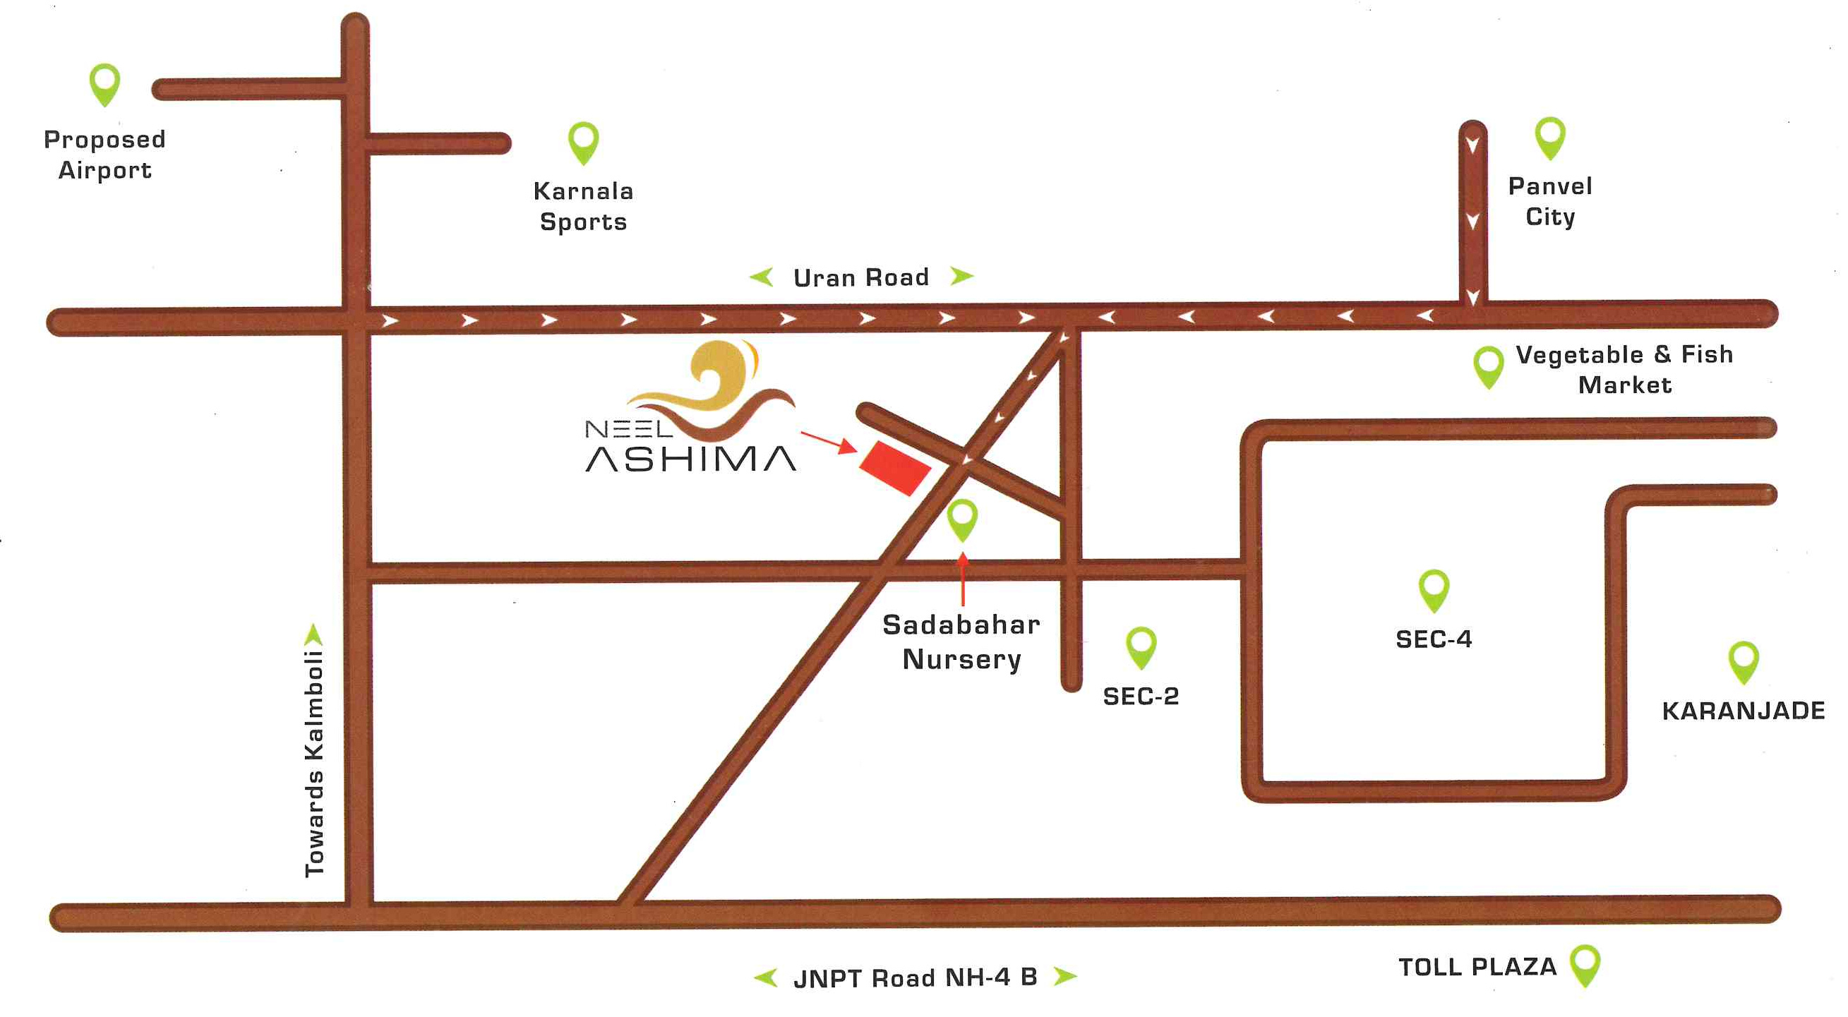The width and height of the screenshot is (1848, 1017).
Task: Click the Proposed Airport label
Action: (x=104, y=154)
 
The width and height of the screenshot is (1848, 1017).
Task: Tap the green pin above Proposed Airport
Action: (x=104, y=83)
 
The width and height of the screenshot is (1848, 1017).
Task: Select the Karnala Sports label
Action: (x=583, y=207)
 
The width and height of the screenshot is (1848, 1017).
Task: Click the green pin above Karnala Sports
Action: (x=583, y=140)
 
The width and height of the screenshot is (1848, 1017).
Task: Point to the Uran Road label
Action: (x=861, y=277)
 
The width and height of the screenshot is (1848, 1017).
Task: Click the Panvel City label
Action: (x=1549, y=202)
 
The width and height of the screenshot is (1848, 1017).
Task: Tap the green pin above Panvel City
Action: (x=1549, y=136)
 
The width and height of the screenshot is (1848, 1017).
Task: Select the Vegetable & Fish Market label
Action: (x=1624, y=369)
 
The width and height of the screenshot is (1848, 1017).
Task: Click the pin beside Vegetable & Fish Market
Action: (x=1489, y=366)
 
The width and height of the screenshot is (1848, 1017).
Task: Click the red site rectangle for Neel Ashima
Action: (x=894, y=468)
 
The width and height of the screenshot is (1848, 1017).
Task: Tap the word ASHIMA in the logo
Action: (x=690, y=459)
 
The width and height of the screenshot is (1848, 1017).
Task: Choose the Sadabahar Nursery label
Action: (x=961, y=642)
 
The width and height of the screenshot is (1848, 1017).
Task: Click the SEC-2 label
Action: (x=1141, y=697)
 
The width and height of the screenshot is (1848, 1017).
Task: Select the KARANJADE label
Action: (x=1744, y=711)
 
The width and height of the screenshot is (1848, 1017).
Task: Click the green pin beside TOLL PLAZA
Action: (x=1585, y=964)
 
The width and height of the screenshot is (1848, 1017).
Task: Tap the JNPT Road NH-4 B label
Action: (x=915, y=977)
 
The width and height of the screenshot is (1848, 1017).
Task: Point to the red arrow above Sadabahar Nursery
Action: (x=963, y=579)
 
